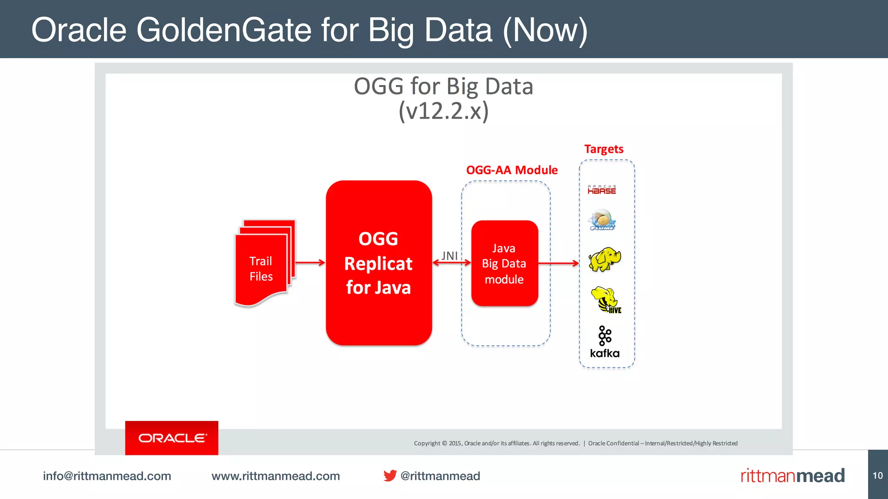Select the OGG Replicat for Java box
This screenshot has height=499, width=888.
[x=379, y=263]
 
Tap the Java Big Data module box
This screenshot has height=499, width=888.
[x=504, y=263]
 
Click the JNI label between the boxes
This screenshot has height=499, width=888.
[x=450, y=256]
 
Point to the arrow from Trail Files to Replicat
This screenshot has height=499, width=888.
[x=310, y=262]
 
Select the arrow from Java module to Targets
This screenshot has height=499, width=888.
[x=558, y=263]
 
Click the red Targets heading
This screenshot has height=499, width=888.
[x=604, y=149]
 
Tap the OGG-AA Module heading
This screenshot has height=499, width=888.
[x=512, y=170]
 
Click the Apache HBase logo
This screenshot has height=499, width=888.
[x=602, y=189]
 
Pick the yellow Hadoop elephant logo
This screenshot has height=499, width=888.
[x=604, y=259]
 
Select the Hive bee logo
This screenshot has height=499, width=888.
[x=606, y=300]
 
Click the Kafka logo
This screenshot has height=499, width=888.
[x=605, y=342]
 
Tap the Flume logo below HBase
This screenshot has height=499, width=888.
[x=602, y=220]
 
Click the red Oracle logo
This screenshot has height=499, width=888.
[x=172, y=438]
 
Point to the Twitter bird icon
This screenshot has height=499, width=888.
[x=390, y=476]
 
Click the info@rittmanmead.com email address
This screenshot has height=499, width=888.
[x=107, y=476]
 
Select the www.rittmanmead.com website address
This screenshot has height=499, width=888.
[x=276, y=476]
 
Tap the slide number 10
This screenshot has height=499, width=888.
[x=878, y=476]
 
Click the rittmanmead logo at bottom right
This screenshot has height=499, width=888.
[x=793, y=476]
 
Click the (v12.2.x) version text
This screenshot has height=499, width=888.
[x=444, y=111]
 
